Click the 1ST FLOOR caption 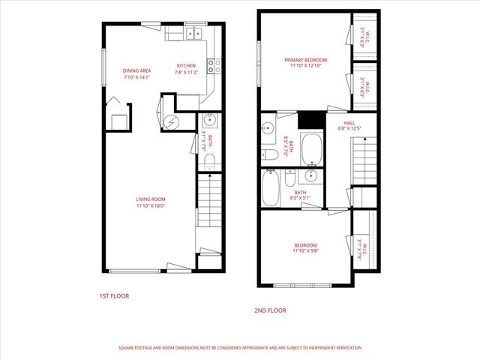(x=114, y=296)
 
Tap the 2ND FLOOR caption (x=271, y=310)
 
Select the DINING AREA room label (x=137, y=71)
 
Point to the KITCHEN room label (x=186, y=66)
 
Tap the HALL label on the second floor (x=349, y=123)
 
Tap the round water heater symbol (x=170, y=121)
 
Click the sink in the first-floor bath (x=210, y=120)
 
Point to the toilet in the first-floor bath (x=210, y=160)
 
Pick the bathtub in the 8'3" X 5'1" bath (x=271, y=188)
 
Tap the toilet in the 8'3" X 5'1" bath (x=289, y=178)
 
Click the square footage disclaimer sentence (x=240, y=348)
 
